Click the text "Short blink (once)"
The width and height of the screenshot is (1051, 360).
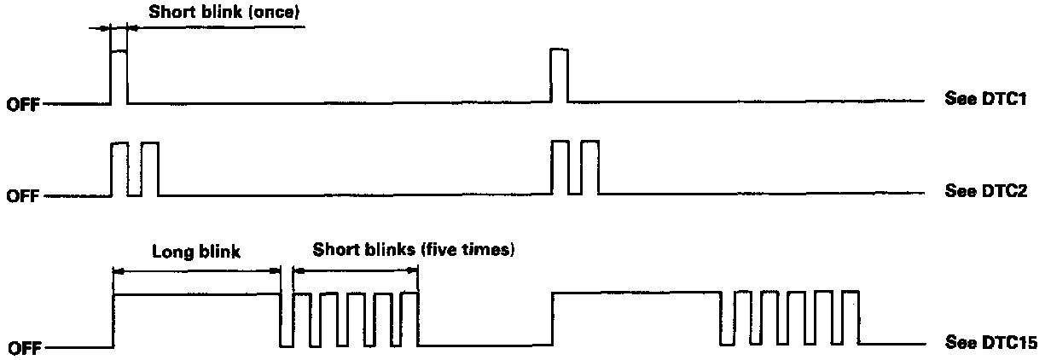[x=224, y=13]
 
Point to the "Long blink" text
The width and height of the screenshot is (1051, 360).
[x=196, y=252]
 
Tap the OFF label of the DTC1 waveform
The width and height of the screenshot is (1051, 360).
[x=23, y=106]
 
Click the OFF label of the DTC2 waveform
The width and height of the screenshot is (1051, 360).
[x=23, y=197]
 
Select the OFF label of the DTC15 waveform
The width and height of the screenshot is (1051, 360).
[x=23, y=348]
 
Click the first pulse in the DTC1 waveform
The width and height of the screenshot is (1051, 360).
[x=119, y=77]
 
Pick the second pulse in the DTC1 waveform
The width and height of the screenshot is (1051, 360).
[x=559, y=77]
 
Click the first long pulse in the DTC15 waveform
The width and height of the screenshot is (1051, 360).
[x=197, y=320]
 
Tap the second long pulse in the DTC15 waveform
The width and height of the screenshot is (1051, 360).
[x=636, y=320]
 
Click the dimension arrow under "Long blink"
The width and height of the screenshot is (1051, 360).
[x=197, y=270]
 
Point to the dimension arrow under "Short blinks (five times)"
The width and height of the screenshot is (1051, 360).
[x=355, y=270]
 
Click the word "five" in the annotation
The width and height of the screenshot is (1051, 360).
[x=453, y=250]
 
